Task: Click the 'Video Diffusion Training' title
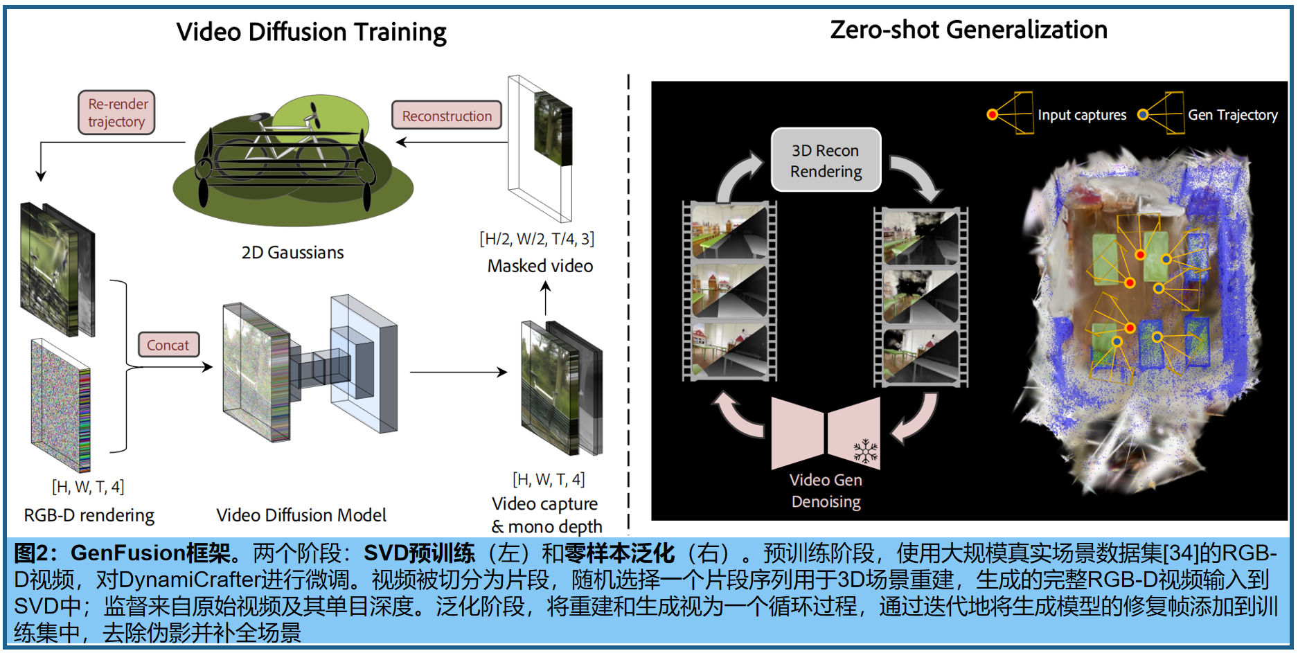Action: (x=311, y=32)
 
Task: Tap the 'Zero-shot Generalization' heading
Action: (x=968, y=30)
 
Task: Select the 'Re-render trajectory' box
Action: (x=116, y=113)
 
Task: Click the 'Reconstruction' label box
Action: (x=447, y=116)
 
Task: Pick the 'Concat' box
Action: (x=168, y=345)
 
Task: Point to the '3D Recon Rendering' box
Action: (x=826, y=160)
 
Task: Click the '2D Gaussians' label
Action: (x=292, y=252)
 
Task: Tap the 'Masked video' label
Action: (x=540, y=266)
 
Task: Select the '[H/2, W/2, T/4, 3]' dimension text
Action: (x=537, y=239)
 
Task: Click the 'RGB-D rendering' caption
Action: (x=89, y=515)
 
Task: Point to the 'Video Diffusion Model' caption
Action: (x=301, y=515)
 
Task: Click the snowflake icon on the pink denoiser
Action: (x=865, y=451)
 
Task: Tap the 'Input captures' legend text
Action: (x=1081, y=115)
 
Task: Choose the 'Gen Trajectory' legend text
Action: (x=1232, y=115)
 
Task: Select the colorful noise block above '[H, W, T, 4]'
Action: (x=61, y=405)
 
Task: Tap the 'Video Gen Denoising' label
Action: (x=826, y=490)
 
